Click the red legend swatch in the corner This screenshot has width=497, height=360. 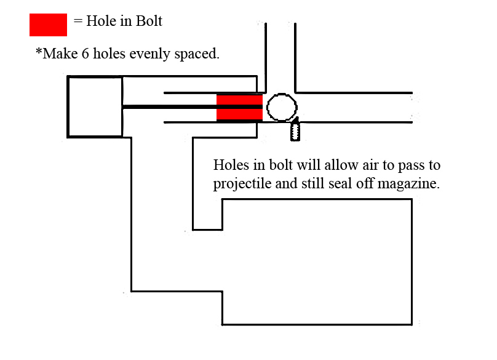48,25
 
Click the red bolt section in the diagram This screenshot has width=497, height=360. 239,107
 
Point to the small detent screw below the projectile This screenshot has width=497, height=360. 295,129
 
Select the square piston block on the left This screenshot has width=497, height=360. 95,106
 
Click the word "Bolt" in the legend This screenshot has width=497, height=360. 149,21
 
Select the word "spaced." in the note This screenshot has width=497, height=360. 198,54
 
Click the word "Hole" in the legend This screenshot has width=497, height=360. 101,21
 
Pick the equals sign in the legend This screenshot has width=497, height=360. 78,21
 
